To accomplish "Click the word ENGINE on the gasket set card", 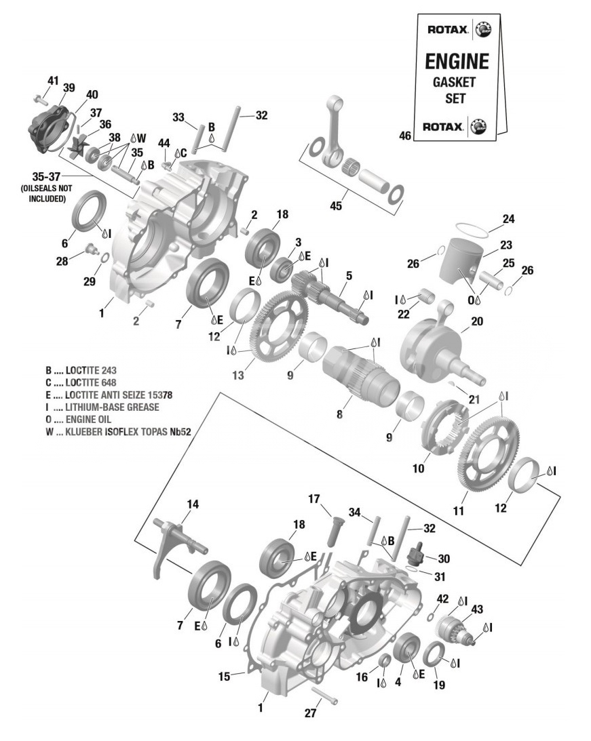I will coord(456,61).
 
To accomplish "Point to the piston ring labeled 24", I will coord(470,228).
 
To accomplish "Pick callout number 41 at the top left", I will coord(53,81).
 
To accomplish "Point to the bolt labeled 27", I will coord(324,697).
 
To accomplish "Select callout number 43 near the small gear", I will coord(477,609).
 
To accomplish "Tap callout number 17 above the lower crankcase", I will coord(313,499).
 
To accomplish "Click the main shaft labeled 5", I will coord(339,297).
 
